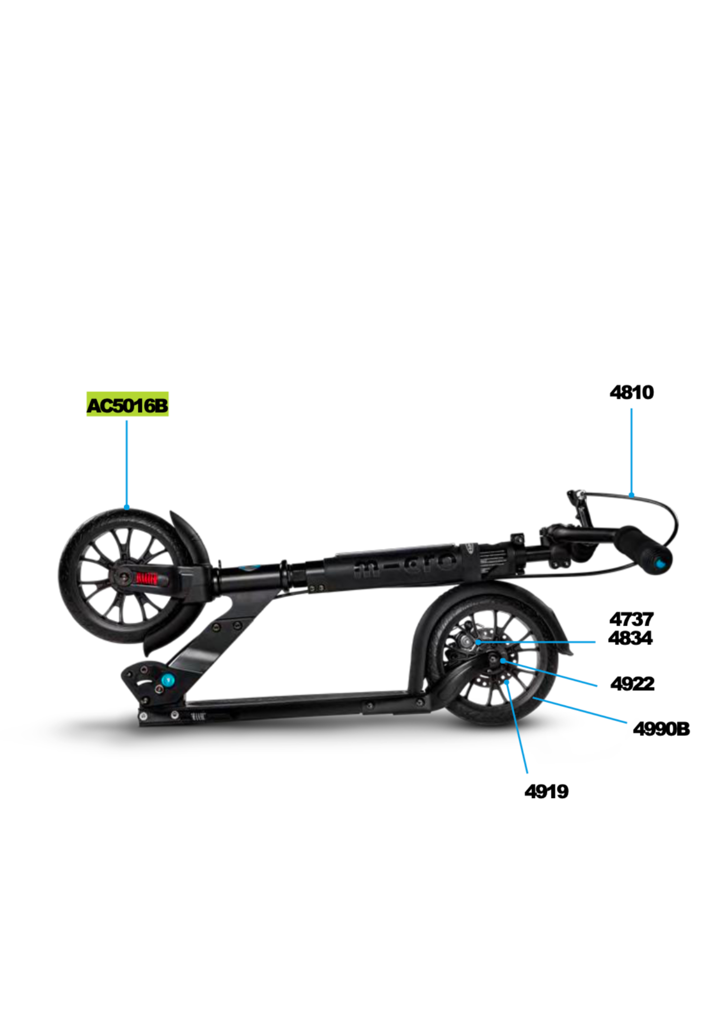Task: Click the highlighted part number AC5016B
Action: tap(127, 405)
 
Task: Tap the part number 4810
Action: tap(631, 393)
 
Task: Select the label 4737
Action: tap(631, 619)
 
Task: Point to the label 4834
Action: tap(630, 638)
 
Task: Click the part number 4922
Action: tap(632, 683)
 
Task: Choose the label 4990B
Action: tap(661, 729)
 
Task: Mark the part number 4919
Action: tap(547, 791)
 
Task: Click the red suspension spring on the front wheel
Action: tap(147, 578)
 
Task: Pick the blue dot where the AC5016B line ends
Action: tap(127, 507)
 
